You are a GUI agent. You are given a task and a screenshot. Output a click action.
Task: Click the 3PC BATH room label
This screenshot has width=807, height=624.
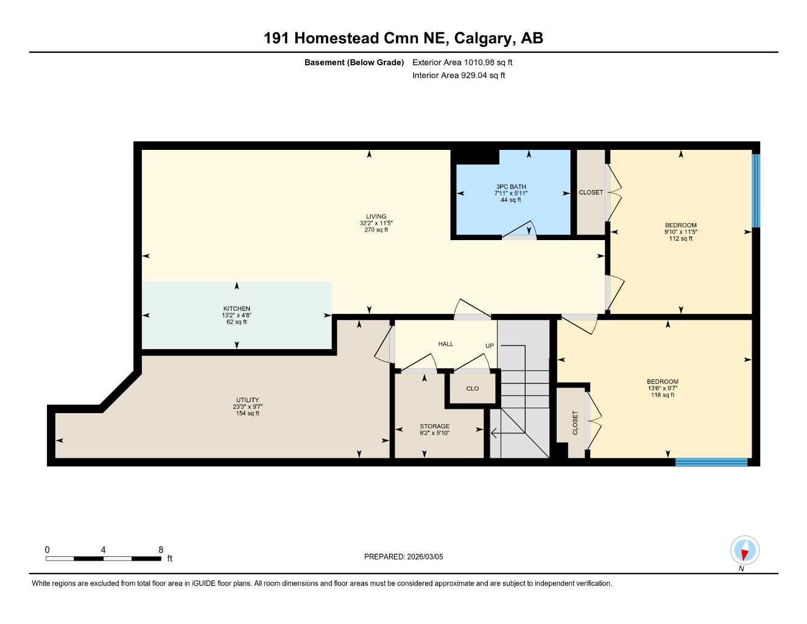pyautogui.click(x=510, y=186)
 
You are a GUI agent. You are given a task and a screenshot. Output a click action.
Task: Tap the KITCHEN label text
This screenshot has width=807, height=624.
pyautogui.click(x=236, y=309)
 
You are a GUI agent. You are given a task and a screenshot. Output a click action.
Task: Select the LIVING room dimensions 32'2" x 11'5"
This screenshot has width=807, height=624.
pyautogui.click(x=376, y=223)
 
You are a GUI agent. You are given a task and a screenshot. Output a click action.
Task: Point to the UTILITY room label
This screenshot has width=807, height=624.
pyautogui.click(x=247, y=400)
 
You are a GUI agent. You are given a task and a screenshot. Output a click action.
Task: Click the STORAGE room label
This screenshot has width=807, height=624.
pyautogui.click(x=434, y=427)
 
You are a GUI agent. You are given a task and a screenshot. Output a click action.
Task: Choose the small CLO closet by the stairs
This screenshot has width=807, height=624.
pyautogui.click(x=473, y=388)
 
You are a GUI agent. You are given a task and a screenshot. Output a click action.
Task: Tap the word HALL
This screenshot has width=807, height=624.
pyautogui.click(x=446, y=344)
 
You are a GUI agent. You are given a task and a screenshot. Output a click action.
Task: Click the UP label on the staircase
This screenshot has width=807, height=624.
pyautogui.click(x=490, y=346)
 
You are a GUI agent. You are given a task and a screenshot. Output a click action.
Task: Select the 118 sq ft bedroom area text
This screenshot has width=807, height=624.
pyautogui.click(x=662, y=395)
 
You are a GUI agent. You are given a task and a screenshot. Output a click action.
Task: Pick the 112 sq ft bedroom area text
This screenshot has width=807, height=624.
pyautogui.click(x=680, y=238)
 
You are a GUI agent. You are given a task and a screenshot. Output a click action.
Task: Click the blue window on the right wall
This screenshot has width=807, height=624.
pyautogui.click(x=756, y=190)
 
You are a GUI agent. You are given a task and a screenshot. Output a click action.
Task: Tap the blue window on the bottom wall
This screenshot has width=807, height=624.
pyautogui.click(x=711, y=462)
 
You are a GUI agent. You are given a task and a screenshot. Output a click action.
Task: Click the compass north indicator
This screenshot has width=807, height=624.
pyautogui.click(x=744, y=551)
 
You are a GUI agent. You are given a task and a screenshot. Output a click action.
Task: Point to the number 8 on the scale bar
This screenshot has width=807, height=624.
pyautogui.click(x=161, y=550)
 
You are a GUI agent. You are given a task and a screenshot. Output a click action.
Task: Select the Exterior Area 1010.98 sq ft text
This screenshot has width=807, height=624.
pyautogui.click(x=462, y=62)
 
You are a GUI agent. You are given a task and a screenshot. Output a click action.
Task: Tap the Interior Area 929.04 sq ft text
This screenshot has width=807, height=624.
pyautogui.click(x=459, y=76)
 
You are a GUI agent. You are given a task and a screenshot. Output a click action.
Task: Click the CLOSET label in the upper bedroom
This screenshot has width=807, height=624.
pyautogui.click(x=591, y=193)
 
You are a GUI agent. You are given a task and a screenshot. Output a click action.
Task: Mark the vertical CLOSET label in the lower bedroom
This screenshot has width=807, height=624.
pyautogui.click(x=575, y=422)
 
